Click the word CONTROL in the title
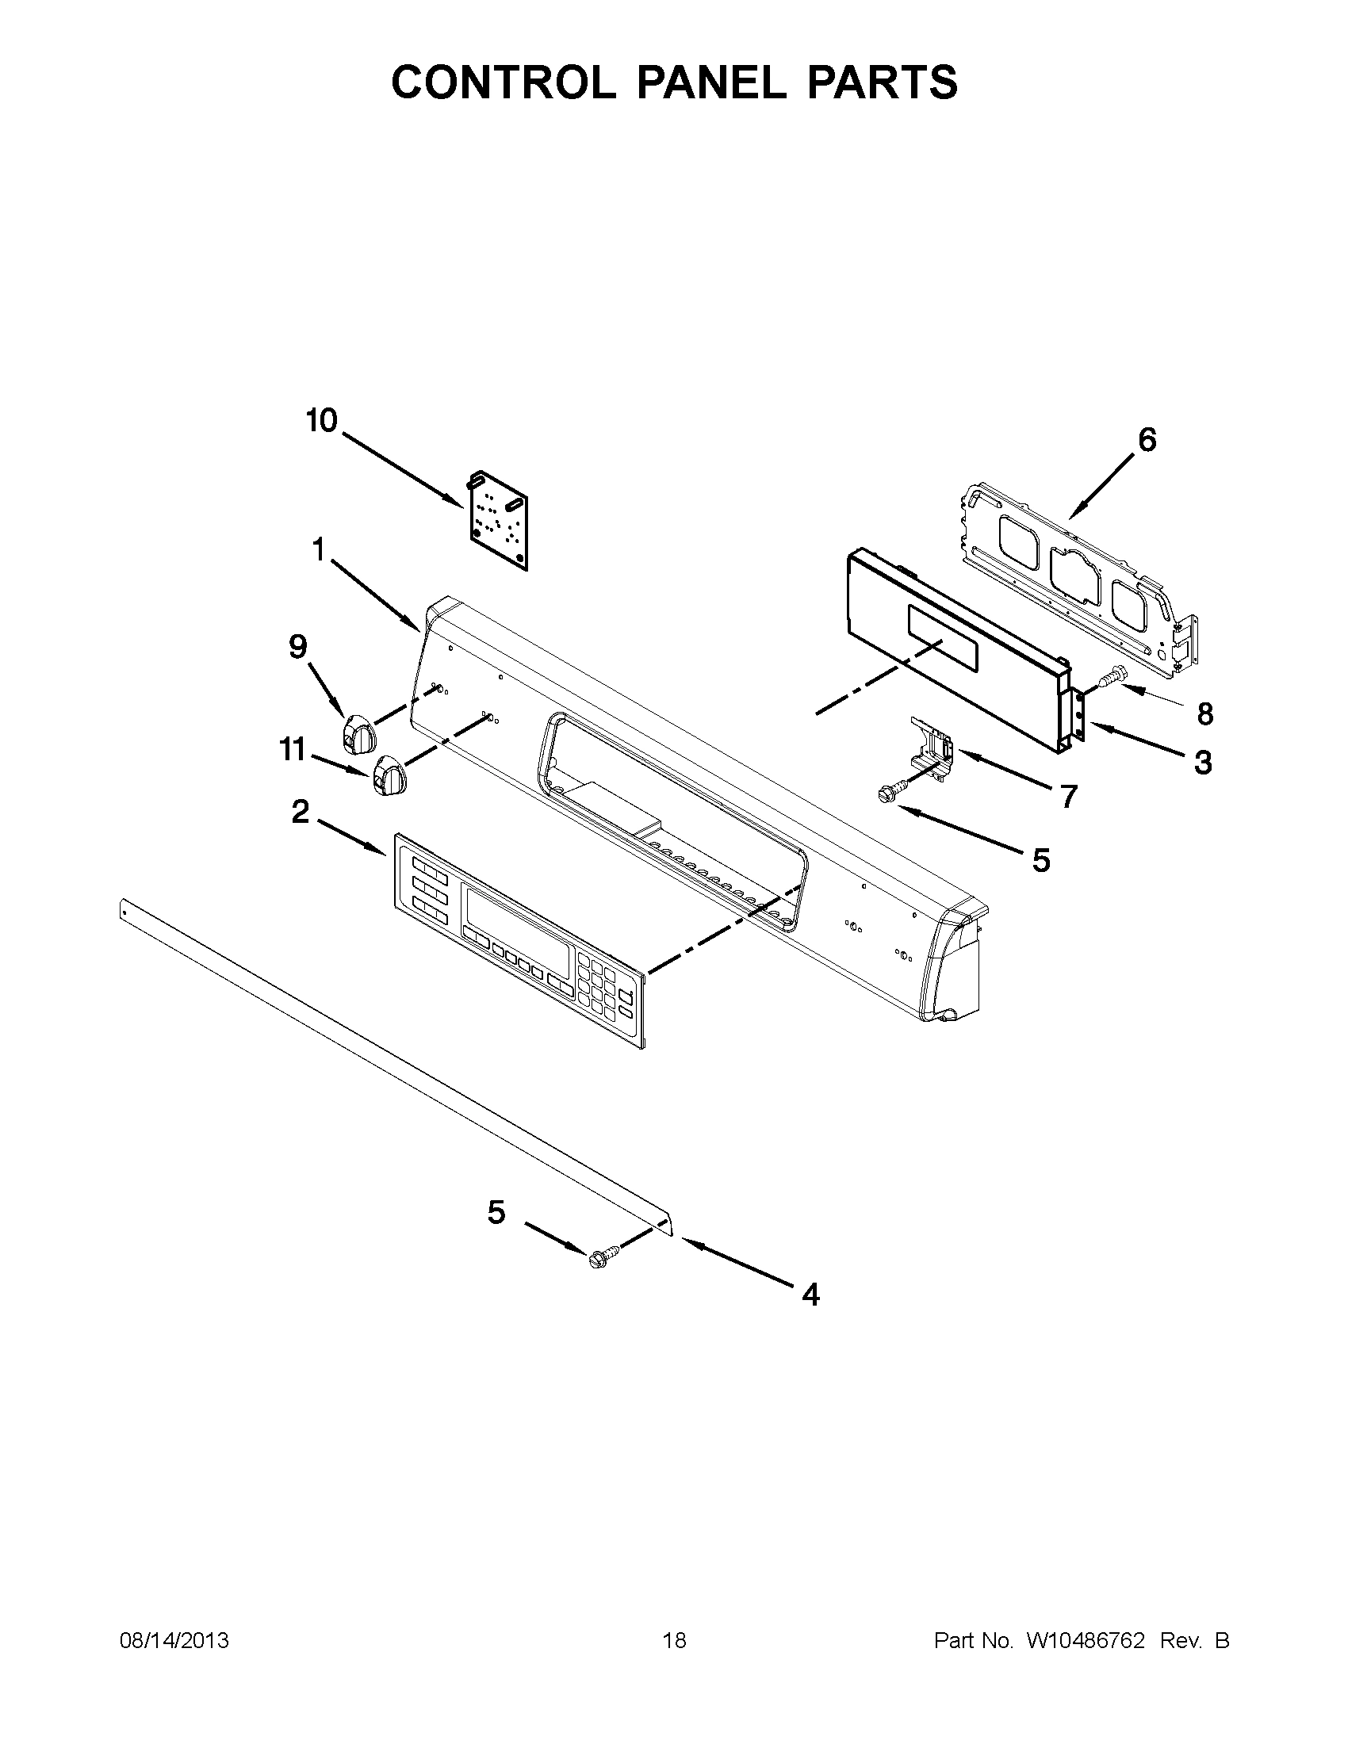(504, 82)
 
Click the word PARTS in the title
(882, 82)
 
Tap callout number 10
(322, 421)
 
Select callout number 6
(1146, 440)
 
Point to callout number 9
(297, 647)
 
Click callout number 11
(293, 750)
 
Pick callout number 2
(300, 813)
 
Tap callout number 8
(1205, 714)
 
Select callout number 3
(1203, 763)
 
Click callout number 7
(1069, 796)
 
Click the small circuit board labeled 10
(499, 520)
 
